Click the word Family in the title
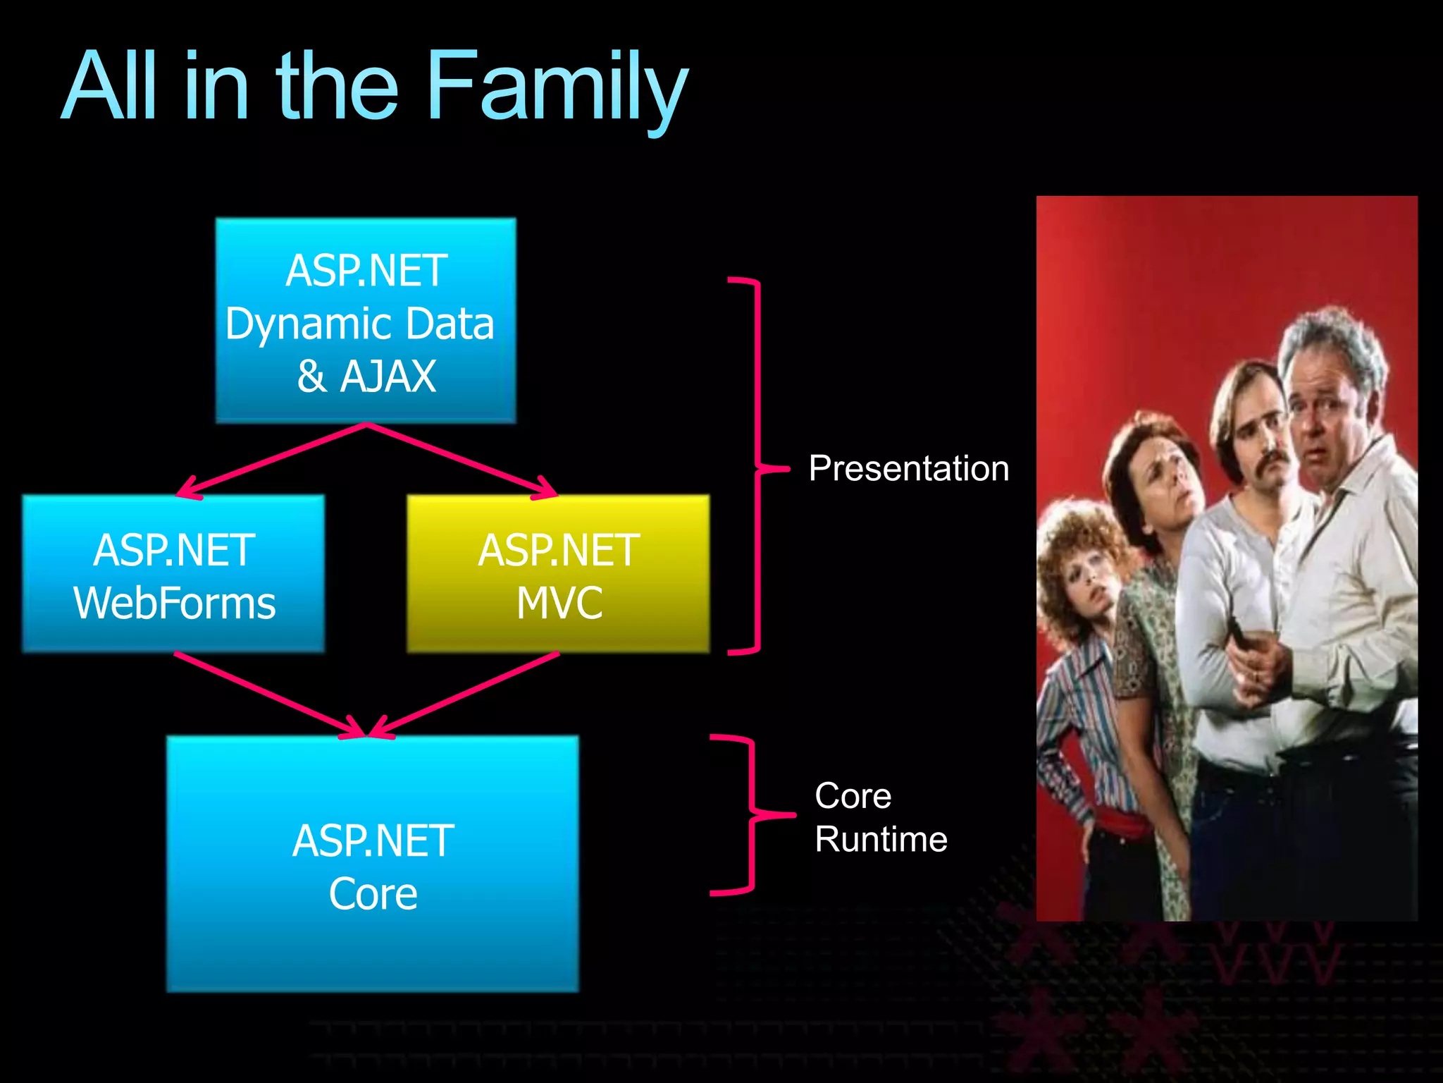coord(557,88)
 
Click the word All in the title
coord(109,88)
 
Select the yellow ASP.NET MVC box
coord(558,575)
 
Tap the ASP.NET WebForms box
coord(173,575)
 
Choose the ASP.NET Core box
coord(373,864)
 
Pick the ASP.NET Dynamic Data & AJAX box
coord(366,321)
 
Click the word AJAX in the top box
coord(388,377)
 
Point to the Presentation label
coord(908,469)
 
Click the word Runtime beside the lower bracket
coord(881,840)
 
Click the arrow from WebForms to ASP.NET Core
coord(271,695)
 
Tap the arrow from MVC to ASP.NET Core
coord(465,695)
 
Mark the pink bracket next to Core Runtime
coord(751,815)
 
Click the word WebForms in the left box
coord(174,604)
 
